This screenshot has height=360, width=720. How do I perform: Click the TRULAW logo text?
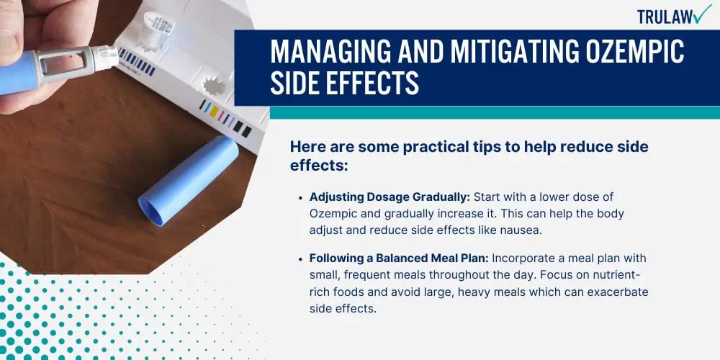[x=665, y=17]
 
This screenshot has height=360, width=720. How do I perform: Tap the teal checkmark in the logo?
[x=701, y=14]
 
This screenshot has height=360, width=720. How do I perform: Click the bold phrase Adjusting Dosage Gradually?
[x=390, y=197]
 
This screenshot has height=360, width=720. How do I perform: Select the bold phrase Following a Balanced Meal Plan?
[x=399, y=258]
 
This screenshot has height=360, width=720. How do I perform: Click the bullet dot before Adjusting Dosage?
[x=300, y=197]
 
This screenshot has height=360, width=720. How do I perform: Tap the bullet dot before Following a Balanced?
[x=300, y=259]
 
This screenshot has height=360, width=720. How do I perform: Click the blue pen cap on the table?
[x=188, y=179]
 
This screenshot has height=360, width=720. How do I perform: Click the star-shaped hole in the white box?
[x=214, y=86]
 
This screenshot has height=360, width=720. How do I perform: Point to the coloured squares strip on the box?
[x=225, y=117]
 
